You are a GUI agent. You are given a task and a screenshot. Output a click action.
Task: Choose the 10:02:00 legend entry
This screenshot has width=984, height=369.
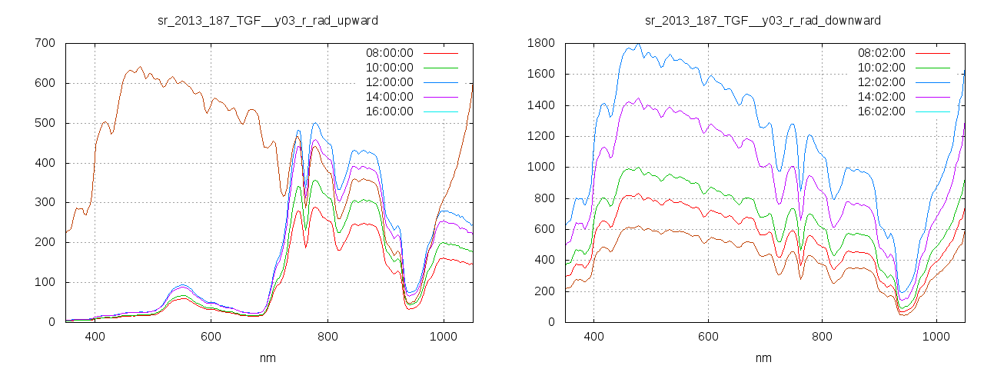tap(881, 68)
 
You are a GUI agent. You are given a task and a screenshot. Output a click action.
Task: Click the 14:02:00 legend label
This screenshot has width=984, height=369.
tap(881, 97)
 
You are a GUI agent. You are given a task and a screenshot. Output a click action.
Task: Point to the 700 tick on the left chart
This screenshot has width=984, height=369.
tap(45, 43)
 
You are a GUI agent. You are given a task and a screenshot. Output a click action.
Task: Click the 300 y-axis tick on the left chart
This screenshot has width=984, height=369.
tap(45, 202)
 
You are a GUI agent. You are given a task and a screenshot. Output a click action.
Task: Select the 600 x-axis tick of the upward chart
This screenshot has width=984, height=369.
tap(211, 336)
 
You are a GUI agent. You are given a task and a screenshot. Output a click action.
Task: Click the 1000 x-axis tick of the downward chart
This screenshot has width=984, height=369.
tap(936, 336)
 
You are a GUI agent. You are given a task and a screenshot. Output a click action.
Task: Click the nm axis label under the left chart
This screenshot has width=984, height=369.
tap(268, 357)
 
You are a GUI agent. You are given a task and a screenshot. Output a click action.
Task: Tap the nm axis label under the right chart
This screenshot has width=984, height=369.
tap(763, 357)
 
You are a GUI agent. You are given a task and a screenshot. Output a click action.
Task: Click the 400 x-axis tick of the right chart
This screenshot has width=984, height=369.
tap(593, 336)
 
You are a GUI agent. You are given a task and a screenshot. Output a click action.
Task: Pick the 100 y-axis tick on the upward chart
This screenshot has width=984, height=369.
tap(45, 282)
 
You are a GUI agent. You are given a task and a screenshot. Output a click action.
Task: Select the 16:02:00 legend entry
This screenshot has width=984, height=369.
tap(881, 111)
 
